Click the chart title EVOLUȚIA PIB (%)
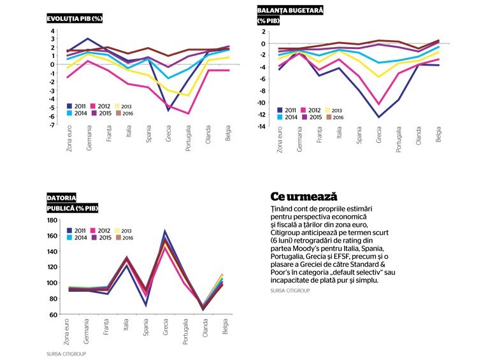coord(75,18)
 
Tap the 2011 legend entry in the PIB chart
coord(76,106)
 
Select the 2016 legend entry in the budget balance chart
coord(334,117)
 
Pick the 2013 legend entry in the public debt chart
coord(123,231)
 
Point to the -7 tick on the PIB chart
coord(52,125)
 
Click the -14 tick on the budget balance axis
coord(261,126)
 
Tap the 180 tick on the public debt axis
coord(52,220)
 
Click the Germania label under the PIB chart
coord(89,138)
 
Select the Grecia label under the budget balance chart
coord(379,135)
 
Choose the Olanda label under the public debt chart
coord(205,328)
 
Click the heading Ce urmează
coord(304,196)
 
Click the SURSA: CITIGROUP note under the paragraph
coord(290,290)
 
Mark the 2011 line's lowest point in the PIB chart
coord(168,110)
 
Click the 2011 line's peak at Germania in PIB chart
coord(88,39)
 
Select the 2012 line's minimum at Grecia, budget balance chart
coord(379,104)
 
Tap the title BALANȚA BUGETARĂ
coord(290,10)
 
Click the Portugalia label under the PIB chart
coord(188,138)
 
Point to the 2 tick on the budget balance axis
coord(263,32)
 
